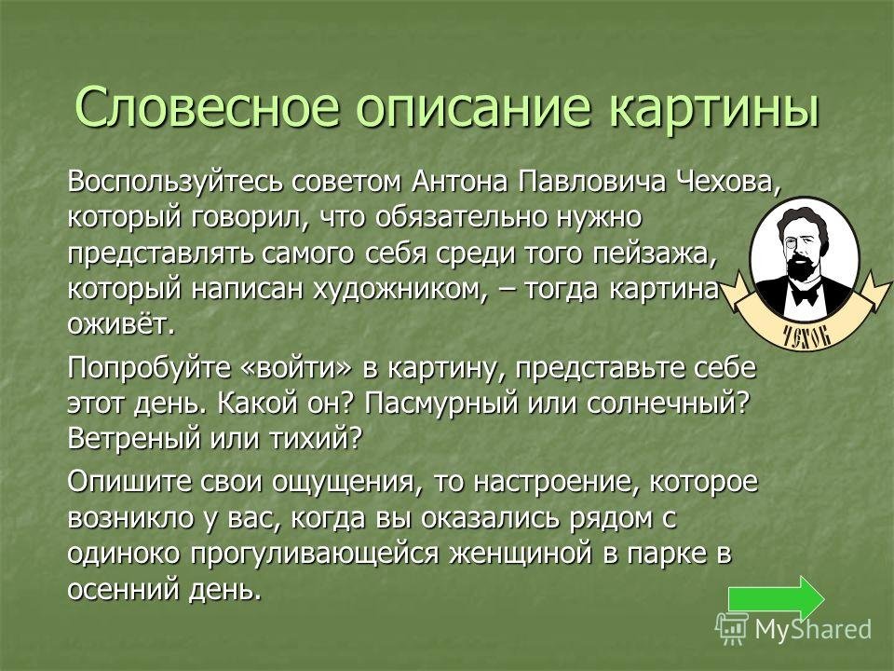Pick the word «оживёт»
(x=119, y=325)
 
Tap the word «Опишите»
(x=129, y=482)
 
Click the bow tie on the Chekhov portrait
(x=804, y=295)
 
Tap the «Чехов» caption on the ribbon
(x=806, y=336)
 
